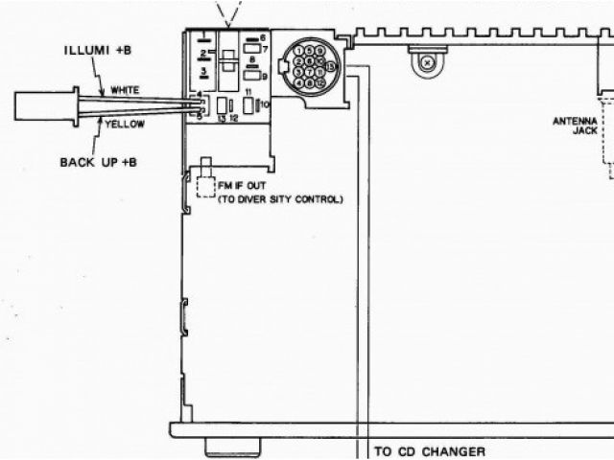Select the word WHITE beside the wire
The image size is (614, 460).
click(125, 90)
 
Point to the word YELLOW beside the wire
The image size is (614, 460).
click(126, 125)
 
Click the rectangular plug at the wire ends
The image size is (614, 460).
click(45, 105)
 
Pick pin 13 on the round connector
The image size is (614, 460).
click(331, 67)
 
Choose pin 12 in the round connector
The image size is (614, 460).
click(319, 84)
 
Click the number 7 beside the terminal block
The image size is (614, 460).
click(264, 48)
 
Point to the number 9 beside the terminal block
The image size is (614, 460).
click(264, 75)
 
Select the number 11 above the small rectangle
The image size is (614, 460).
click(248, 90)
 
